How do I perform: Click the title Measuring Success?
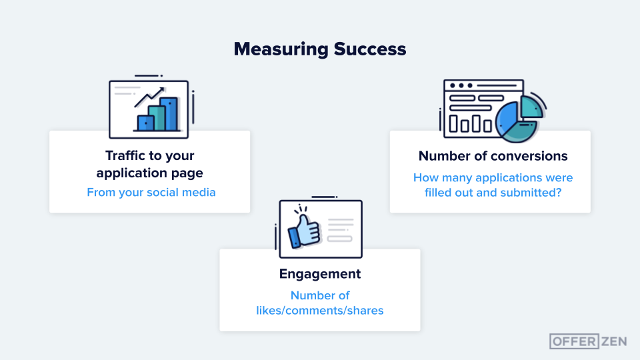tap(320, 49)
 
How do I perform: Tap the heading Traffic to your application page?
tap(149, 164)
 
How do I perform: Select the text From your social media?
tap(151, 193)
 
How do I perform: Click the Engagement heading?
tap(320, 274)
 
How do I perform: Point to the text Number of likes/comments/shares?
tap(320, 303)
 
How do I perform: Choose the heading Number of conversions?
tap(493, 156)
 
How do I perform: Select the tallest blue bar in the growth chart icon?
tap(169, 114)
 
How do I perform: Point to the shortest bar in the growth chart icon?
tap(145, 123)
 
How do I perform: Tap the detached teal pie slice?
tap(531, 107)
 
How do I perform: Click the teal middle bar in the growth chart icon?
tap(157, 118)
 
